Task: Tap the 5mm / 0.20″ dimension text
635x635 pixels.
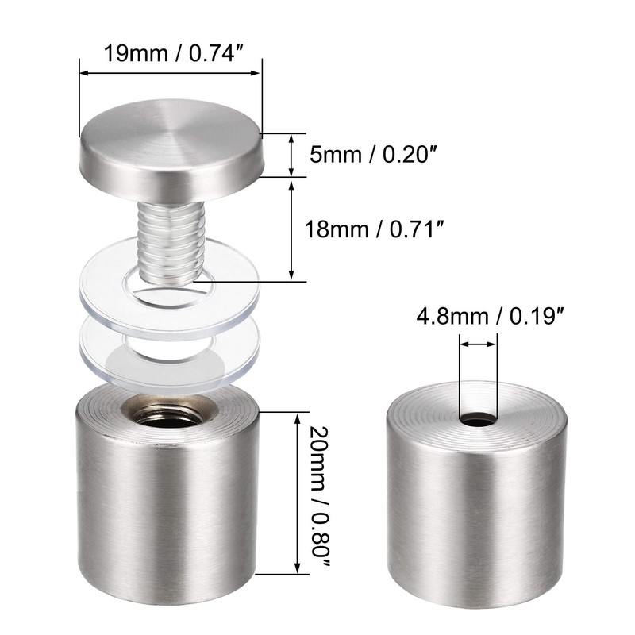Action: (x=374, y=155)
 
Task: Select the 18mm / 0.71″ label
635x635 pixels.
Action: (x=375, y=229)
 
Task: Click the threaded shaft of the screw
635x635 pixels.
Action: (x=171, y=242)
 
